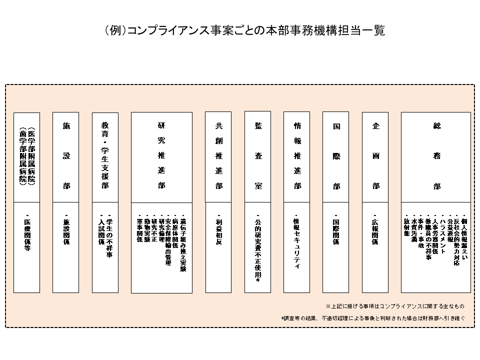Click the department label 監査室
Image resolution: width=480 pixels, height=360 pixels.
(258, 155)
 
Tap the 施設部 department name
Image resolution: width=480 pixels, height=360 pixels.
(66, 155)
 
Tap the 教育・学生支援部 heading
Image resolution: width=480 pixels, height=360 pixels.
(105, 155)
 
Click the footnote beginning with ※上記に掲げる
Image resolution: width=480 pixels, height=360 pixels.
(394, 305)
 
